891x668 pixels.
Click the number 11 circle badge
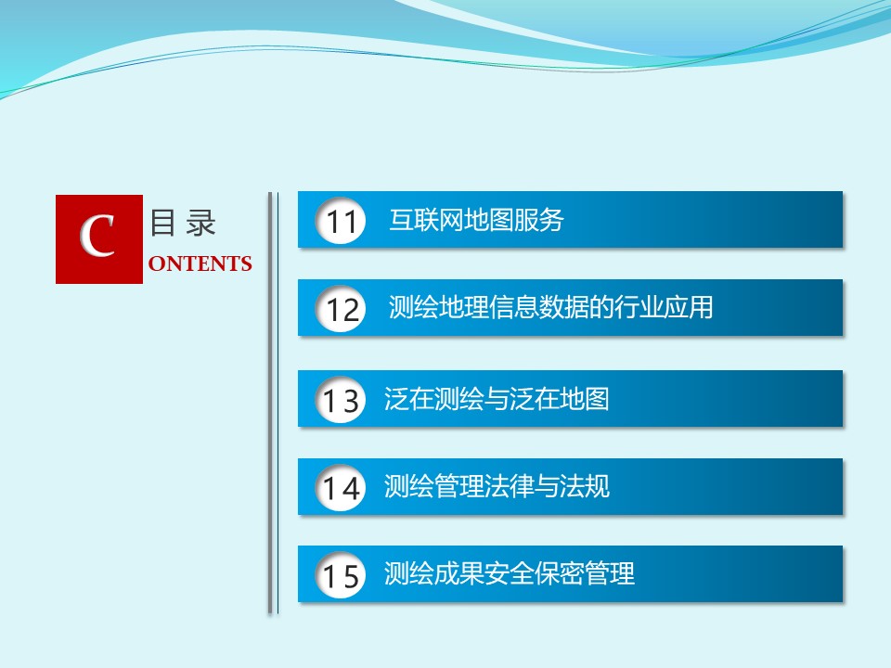pos(341,221)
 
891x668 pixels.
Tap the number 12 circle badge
pos(341,308)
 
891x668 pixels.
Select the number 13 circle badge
pos(341,399)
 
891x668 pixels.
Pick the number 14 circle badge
pos(341,487)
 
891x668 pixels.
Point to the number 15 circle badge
pos(341,575)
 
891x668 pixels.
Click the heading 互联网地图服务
pos(476,220)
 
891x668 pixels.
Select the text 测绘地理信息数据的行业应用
pos(550,307)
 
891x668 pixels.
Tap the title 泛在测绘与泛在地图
pos(497,398)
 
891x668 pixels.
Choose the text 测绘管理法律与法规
pos(497,486)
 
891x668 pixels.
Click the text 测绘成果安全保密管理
pos(510,573)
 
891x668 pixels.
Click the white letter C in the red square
pos(97,236)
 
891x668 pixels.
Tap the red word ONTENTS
pos(200,263)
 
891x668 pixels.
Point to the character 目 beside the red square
pos(162,223)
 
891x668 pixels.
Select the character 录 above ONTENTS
pos(201,223)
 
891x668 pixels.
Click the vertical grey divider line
pos(270,403)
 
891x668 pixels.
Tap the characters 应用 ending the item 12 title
pos(688,307)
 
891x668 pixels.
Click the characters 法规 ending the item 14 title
pos(585,486)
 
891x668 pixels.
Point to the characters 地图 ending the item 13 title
pos(585,398)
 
